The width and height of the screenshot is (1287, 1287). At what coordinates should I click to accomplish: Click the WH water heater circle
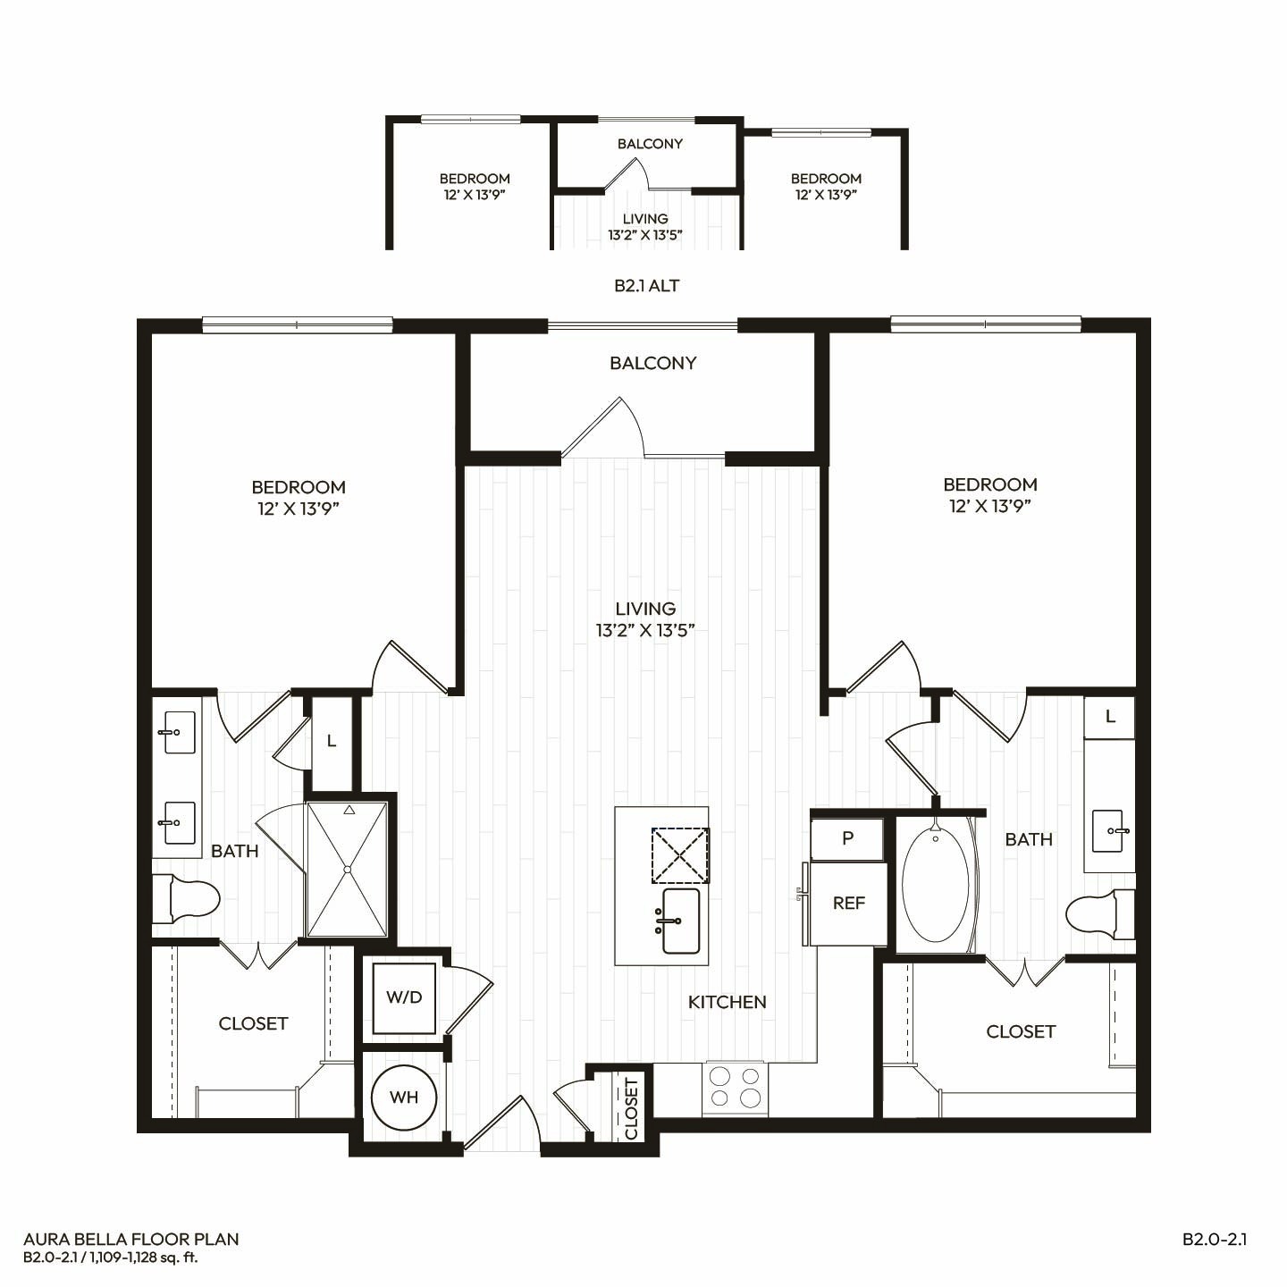click(x=403, y=1098)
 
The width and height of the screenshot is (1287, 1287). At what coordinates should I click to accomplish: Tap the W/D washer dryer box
click(x=404, y=997)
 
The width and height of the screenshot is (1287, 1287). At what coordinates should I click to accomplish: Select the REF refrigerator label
click(x=849, y=903)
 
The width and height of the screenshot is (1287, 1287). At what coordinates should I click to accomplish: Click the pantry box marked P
click(x=847, y=839)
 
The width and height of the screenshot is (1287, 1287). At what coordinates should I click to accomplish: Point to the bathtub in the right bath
click(x=936, y=885)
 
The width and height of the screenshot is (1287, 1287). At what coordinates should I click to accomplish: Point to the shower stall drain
click(x=348, y=870)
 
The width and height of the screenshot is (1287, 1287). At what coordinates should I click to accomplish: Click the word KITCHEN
click(x=728, y=1002)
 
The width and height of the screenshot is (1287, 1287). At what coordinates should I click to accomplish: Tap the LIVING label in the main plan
click(x=645, y=609)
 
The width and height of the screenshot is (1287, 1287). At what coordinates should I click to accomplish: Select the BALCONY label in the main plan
click(x=652, y=363)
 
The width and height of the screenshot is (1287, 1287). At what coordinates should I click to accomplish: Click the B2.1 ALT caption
click(x=646, y=286)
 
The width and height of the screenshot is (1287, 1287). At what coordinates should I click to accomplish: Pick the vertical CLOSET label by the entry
click(x=631, y=1108)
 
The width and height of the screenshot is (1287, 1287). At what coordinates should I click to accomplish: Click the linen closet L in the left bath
click(x=332, y=741)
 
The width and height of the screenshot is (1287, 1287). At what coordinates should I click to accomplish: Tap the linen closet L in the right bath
click(x=1110, y=718)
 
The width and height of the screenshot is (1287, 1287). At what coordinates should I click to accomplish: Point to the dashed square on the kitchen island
click(x=680, y=855)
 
